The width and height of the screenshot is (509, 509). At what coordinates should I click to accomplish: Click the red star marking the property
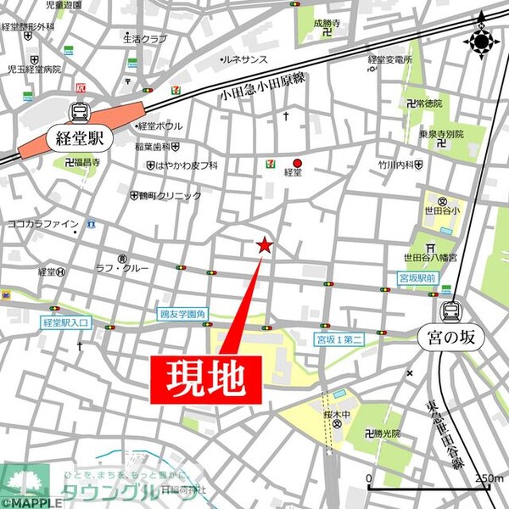(264, 246)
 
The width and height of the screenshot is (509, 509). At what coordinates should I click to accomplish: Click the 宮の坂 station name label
(450, 336)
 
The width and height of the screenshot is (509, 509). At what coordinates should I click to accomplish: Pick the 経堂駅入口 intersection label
(65, 323)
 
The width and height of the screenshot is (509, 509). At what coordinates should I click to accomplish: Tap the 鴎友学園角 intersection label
(182, 313)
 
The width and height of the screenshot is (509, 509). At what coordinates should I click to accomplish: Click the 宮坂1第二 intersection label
(338, 339)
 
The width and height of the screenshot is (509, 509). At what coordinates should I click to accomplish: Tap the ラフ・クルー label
(138, 268)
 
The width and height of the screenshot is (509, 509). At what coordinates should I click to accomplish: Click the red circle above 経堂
(297, 163)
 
